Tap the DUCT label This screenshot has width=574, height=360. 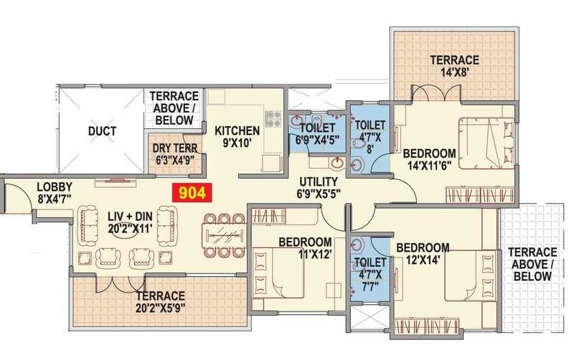pyautogui.click(x=103, y=131)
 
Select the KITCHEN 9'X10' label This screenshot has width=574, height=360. pyautogui.click(x=237, y=136)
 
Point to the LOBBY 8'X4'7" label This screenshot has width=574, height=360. pyautogui.click(x=52, y=194)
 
